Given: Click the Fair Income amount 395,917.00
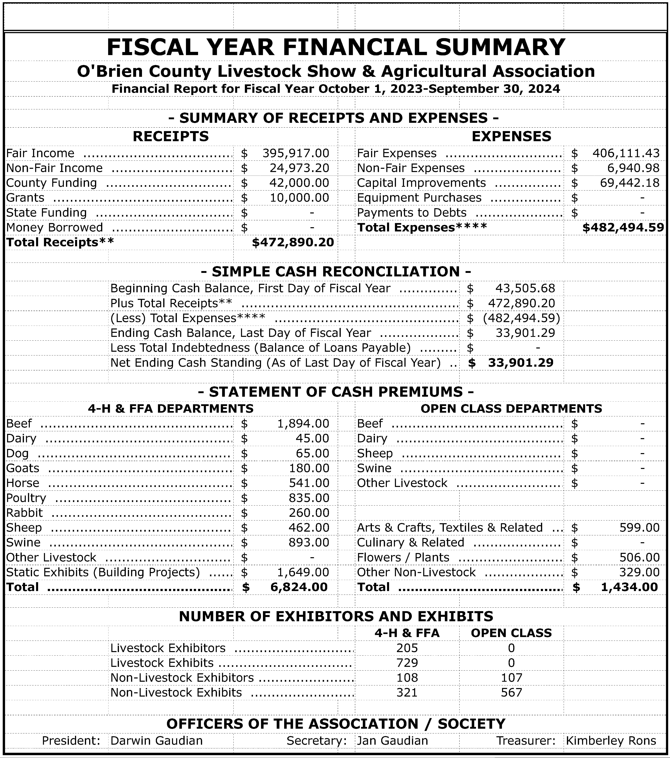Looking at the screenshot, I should pyautogui.click(x=295, y=153).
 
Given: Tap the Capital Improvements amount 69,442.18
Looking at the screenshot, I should pyautogui.click(x=630, y=183).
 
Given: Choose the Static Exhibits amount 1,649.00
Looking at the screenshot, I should pyautogui.click(x=303, y=572).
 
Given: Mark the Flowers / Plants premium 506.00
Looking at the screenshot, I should pyautogui.click(x=639, y=557).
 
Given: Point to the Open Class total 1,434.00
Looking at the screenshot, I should pyautogui.click(x=629, y=587).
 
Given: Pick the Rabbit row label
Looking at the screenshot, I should pyautogui.click(x=24, y=513).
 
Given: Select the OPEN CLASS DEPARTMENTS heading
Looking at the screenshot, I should pyautogui.click(x=511, y=409).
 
